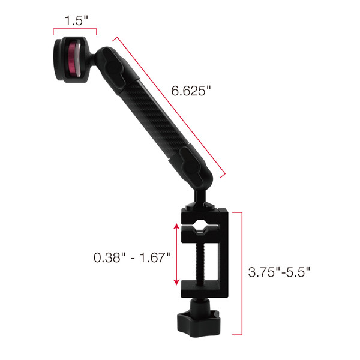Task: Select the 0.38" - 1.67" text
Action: click(132, 258)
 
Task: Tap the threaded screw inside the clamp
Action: click(205, 258)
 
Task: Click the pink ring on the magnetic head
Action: click(72, 58)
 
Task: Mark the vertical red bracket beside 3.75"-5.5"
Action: click(241, 273)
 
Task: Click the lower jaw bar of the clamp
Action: click(204, 289)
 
